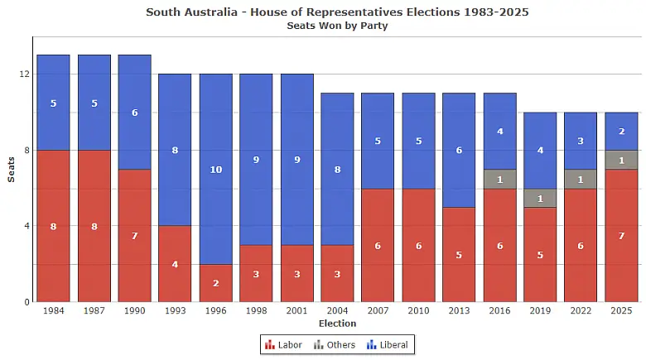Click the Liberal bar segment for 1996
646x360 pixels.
(215, 169)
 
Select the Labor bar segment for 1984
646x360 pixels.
(53, 226)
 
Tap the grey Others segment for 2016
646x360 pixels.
(499, 179)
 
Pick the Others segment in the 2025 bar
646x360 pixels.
(621, 160)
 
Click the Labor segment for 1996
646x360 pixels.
(215, 283)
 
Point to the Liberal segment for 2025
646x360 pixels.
(621, 131)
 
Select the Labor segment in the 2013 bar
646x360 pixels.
(459, 254)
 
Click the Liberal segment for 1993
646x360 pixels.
(175, 150)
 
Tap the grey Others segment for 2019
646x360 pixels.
(540, 198)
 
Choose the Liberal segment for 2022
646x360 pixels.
(581, 141)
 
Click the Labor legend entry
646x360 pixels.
(283, 344)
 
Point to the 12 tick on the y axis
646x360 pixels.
(24, 74)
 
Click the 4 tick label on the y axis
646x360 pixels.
(27, 226)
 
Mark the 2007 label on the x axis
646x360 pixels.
(378, 311)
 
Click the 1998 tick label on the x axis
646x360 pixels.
(256, 311)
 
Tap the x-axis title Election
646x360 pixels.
(337, 324)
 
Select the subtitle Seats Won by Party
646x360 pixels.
(337, 26)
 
